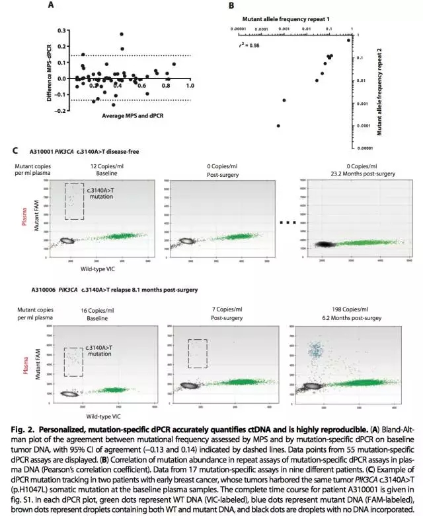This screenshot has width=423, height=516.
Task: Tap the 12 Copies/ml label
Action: pyautogui.click(x=102, y=166)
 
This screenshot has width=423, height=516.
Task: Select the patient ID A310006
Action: pyautogui.click(x=43, y=290)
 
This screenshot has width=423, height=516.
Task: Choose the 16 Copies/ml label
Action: pyautogui.click(x=100, y=309)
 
